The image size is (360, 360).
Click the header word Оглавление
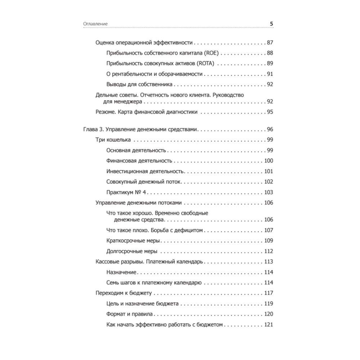pos(95,24)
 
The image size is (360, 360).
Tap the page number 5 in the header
pos(271,24)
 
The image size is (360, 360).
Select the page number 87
pos(270,43)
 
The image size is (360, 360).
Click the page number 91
pos(270,74)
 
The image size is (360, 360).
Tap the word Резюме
pos(105,112)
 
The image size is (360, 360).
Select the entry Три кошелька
pos(113,140)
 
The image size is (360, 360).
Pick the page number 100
pos(269,161)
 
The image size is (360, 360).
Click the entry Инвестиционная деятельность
pos(145,171)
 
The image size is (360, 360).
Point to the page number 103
pos(269,192)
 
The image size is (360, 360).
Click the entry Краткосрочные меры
pos(133,240)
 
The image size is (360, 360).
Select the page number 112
pos(269,251)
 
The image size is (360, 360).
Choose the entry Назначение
pos(121,272)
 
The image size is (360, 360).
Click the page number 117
pos(269,293)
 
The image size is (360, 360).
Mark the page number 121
pos(269,324)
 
